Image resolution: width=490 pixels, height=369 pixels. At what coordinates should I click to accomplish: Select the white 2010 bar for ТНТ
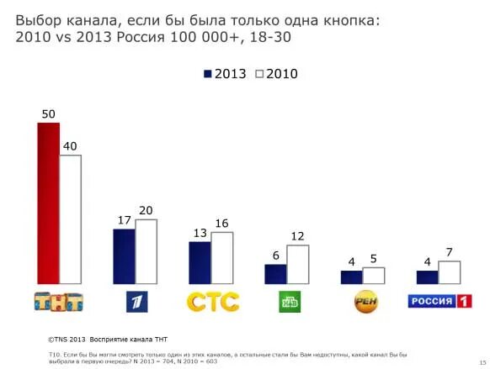point(70,219)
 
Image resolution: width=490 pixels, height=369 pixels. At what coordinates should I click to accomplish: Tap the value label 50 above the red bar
point(48,113)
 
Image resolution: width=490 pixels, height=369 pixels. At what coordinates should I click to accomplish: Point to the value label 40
point(70,146)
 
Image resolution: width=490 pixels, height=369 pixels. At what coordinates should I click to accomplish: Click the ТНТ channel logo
point(58,301)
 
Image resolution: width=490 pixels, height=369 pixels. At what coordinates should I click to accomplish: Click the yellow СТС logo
point(212,301)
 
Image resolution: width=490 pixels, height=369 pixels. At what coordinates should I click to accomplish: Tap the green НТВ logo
point(290,302)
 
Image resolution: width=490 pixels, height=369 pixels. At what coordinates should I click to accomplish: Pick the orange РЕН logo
point(365,301)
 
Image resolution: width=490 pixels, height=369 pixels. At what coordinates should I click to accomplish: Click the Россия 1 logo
point(440,301)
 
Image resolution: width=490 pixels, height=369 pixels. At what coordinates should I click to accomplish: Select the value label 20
point(146,210)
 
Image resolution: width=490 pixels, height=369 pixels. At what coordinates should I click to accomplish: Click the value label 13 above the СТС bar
point(200,233)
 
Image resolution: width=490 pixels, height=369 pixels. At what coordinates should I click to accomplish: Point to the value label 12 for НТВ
point(297,236)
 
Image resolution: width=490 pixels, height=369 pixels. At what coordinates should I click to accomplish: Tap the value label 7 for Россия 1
point(450,252)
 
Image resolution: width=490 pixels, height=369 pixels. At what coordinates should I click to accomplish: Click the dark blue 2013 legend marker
point(207,74)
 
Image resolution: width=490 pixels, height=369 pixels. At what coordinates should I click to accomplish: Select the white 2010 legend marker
point(259,74)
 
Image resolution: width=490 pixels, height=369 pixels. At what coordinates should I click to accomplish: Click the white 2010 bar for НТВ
point(297,264)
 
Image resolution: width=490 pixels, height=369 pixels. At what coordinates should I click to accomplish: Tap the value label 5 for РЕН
point(374,259)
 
